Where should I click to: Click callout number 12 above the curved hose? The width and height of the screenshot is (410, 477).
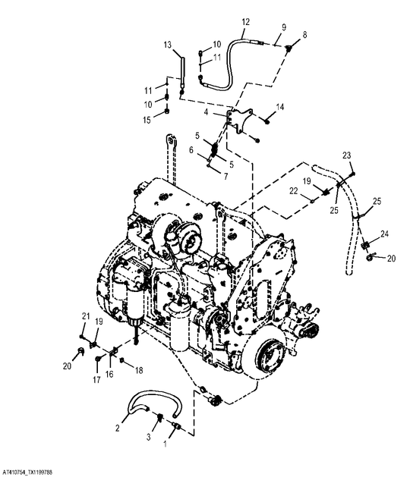[x=245, y=22]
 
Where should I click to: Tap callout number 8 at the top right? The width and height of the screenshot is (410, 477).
[x=304, y=35]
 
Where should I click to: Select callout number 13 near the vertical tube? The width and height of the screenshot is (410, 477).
[x=168, y=45]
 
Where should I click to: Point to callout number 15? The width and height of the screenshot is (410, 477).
[x=147, y=120]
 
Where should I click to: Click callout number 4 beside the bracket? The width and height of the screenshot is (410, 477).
[x=207, y=112]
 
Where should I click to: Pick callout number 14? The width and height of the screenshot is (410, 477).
[x=280, y=107]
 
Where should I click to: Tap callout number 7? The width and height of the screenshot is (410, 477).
[x=225, y=177]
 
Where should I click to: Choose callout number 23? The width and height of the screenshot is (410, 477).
[x=347, y=155]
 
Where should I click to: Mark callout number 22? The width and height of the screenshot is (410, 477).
[x=293, y=191]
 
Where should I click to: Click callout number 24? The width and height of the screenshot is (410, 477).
[x=384, y=234]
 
